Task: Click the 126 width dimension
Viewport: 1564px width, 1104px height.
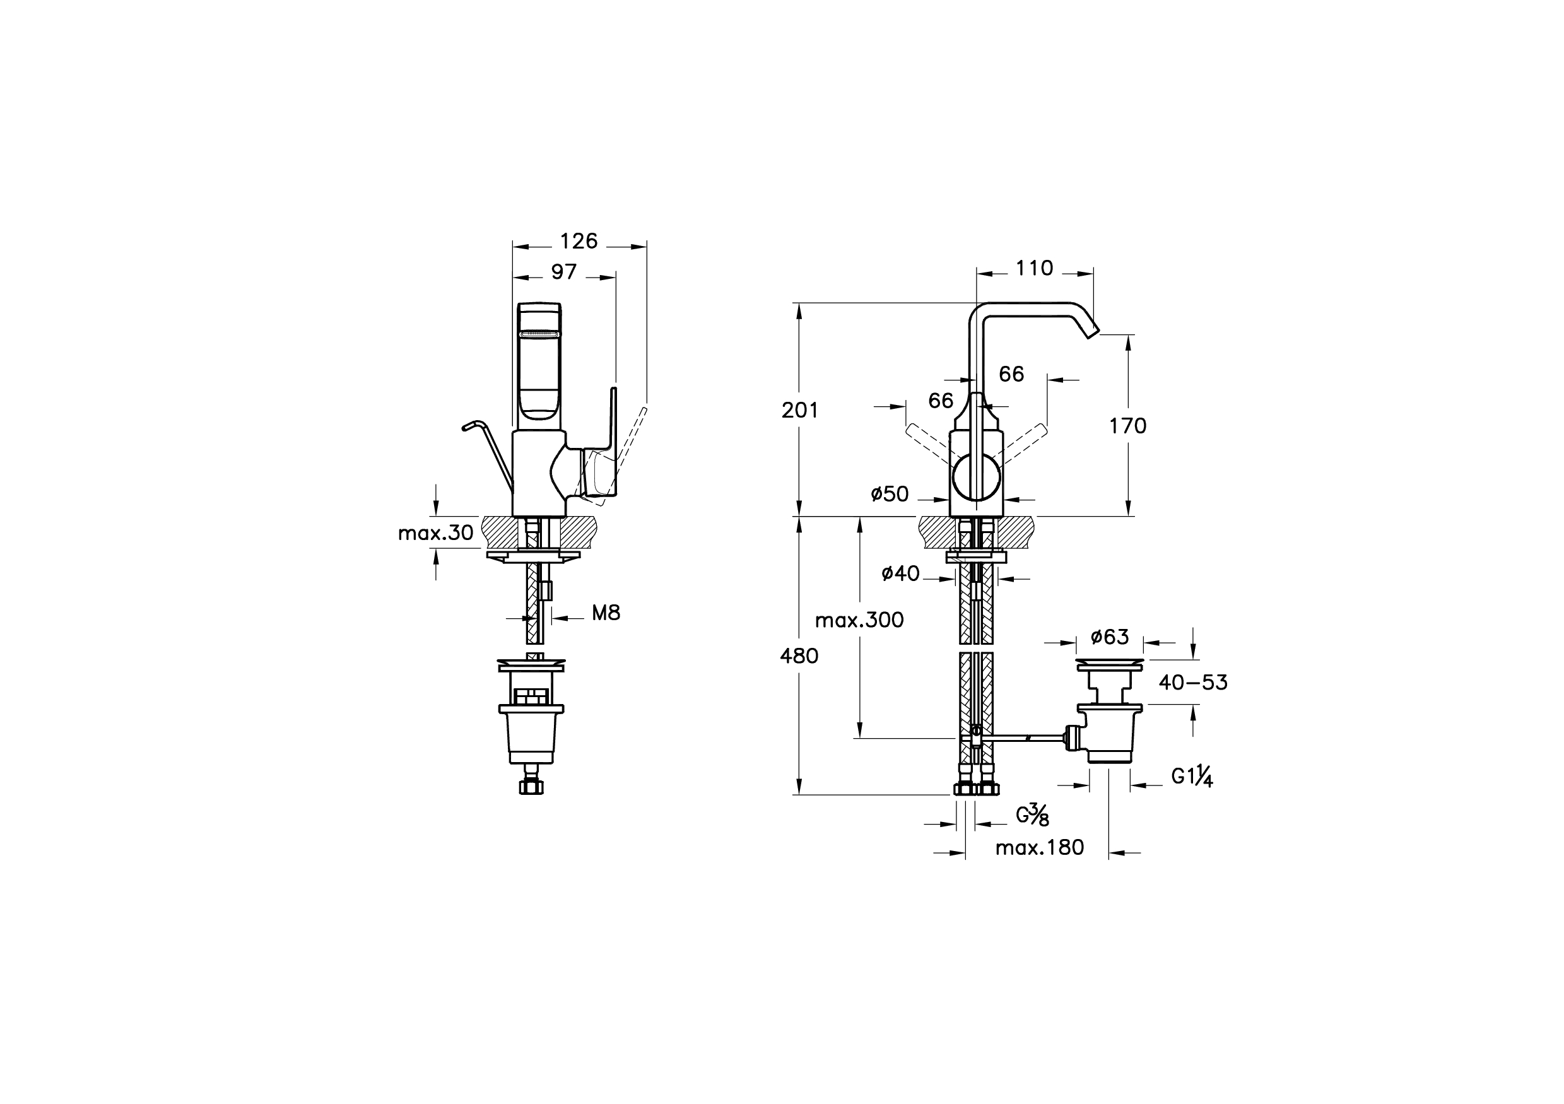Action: pos(579,241)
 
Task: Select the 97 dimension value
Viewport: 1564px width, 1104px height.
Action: pos(564,272)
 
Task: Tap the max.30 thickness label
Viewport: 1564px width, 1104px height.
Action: pos(435,533)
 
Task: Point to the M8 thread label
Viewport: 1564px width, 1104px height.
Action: pos(606,614)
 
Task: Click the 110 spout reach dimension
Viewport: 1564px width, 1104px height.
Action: pos(1034,268)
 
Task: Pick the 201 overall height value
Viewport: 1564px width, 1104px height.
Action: pos(800,410)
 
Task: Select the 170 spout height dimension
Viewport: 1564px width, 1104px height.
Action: pos(1128,426)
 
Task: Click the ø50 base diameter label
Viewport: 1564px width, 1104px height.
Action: pos(890,494)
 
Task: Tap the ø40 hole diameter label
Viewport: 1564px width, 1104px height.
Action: pos(900,574)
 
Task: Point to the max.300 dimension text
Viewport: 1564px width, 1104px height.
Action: pos(859,620)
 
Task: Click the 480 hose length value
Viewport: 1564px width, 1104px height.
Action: pos(799,656)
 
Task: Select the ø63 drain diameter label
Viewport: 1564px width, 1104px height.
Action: pos(1110,637)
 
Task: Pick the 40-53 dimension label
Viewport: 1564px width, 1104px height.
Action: pos(1193,683)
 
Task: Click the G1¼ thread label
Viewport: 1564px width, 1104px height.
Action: pos(1192,777)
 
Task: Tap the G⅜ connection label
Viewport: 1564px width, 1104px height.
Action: pos(1032,814)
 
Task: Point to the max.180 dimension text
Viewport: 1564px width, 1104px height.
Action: pos(1040,848)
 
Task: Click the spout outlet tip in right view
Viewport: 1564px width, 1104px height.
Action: pos(1092,332)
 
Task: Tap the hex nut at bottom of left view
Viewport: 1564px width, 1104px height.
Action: pos(531,788)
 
